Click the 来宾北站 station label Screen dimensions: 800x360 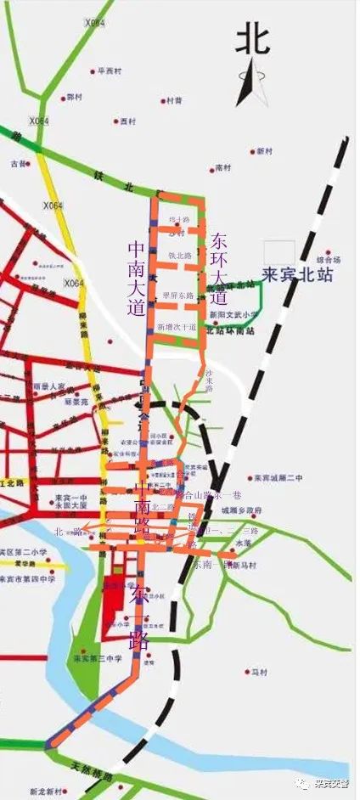click(x=296, y=275)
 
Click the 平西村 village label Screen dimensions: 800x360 click(x=113, y=71)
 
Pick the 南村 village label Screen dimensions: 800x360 click(x=223, y=168)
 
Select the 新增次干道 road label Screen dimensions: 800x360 click(x=177, y=326)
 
